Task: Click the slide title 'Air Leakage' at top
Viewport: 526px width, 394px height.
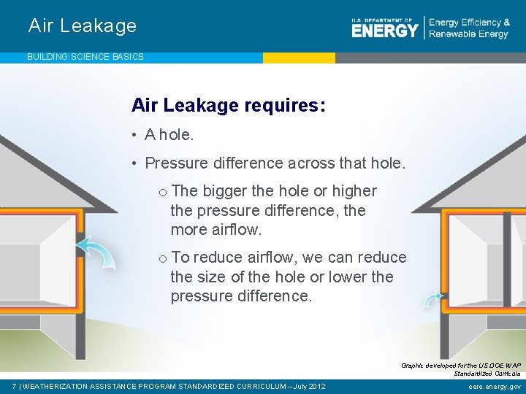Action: point(83,26)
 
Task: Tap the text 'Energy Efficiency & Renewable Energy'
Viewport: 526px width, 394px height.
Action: point(469,28)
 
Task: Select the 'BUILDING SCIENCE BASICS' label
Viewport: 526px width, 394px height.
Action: point(85,56)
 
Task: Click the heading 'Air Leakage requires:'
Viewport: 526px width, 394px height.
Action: point(228,106)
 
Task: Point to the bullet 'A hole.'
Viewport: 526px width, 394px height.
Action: point(169,134)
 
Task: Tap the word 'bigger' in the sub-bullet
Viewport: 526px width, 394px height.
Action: point(224,191)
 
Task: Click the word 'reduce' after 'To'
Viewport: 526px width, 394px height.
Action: point(217,258)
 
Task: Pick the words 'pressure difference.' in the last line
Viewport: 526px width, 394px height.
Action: point(240,296)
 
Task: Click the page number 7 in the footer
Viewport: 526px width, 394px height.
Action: point(15,386)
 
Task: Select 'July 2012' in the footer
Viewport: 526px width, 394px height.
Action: point(308,386)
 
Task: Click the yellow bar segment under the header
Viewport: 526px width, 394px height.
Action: point(299,57)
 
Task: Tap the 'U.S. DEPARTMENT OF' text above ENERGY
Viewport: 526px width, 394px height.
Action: point(382,20)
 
